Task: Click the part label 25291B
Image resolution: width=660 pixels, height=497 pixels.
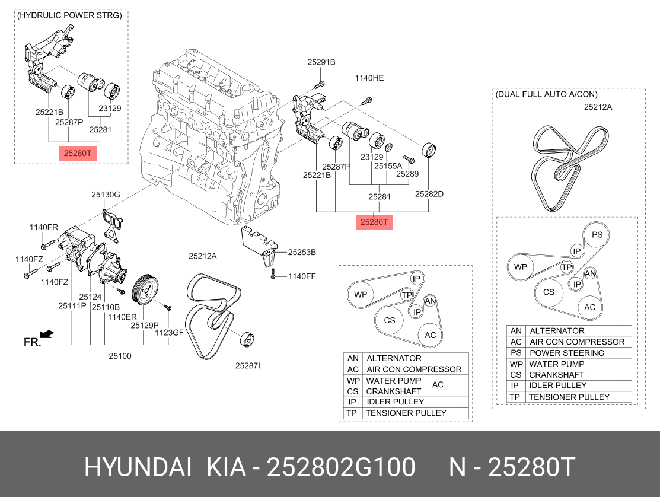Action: (x=321, y=62)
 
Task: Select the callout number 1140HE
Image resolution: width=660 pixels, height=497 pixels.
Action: (x=369, y=78)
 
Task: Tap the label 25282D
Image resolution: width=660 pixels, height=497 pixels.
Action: (x=429, y=193)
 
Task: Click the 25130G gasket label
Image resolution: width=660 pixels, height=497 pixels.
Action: (x=106, y=194)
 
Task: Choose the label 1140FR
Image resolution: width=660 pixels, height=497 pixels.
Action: (x=44, y=227)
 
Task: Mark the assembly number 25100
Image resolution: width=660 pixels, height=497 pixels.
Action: (x=120, y=356)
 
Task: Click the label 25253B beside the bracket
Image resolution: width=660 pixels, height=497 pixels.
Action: (x=302, y=252)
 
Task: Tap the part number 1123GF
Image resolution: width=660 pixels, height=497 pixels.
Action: (x=170, y=333)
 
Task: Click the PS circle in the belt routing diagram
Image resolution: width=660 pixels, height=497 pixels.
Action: (x=597, y=235)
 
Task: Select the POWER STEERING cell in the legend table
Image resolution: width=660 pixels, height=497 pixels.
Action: (x=566, y=353)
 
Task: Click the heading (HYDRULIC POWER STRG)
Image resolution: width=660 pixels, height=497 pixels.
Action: (x=70, y=15)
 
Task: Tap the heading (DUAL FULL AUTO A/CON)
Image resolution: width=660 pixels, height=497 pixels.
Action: (x=546, y=94)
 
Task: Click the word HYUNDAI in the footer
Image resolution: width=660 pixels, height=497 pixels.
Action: (x=137, y=467)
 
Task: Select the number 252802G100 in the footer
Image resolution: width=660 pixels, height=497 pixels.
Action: (x=341, y=467)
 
